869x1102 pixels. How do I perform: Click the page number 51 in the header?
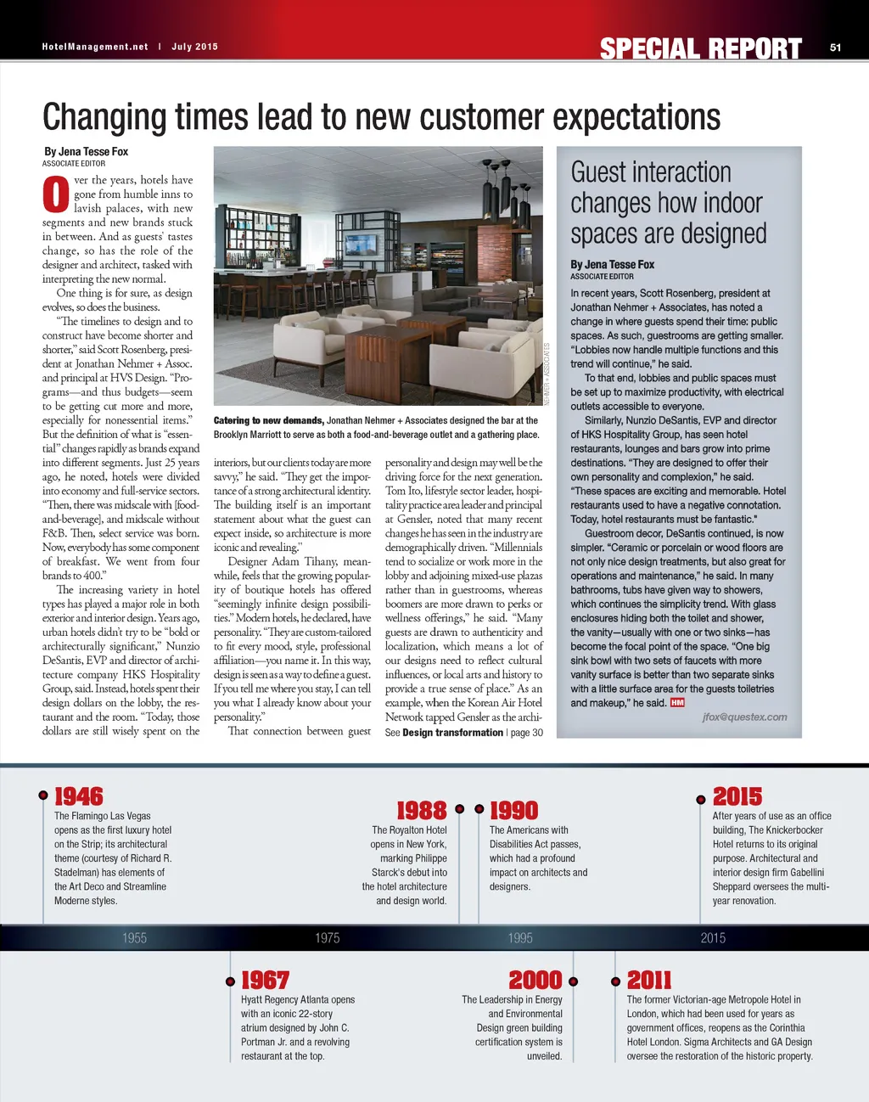(x=835, y=48)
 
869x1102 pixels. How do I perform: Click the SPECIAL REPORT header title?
(x=700, y=49)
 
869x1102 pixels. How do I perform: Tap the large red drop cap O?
(x=55, y=194)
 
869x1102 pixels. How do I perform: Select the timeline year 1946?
(x=79, y=796)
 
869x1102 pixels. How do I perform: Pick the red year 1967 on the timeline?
(x=265, y=981)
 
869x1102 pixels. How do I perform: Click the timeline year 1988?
(x=421, y=811)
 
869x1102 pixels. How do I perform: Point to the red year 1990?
(x=514, y=811)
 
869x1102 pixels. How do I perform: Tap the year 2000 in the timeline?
(x=535, y=981)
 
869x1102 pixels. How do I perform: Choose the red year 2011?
(x=649, y=981)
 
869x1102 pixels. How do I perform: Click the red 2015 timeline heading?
(x=737, y=796)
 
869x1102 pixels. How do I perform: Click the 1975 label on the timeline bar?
(x=328, y=938)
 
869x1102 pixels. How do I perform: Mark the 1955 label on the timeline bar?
(x=134, y=938)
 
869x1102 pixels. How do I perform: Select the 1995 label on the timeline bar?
(x=520, y=938)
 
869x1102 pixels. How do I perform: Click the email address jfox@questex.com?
(x=744, y=717)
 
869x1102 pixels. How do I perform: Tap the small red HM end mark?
(x=677, y=703)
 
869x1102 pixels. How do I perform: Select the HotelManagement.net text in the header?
(x=95, y=47)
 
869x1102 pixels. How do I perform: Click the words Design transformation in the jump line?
(x=452, y=733)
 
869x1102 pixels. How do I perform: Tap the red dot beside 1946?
(x=42, y=796)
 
